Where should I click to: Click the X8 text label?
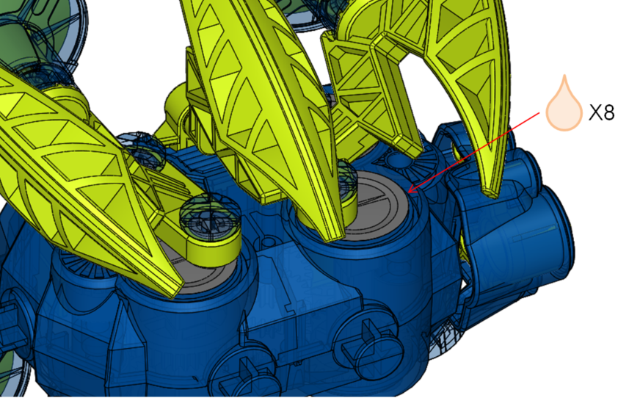point(602,112)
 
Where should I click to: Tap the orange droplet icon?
point(564,104)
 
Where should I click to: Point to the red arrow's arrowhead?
point(413,189)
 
